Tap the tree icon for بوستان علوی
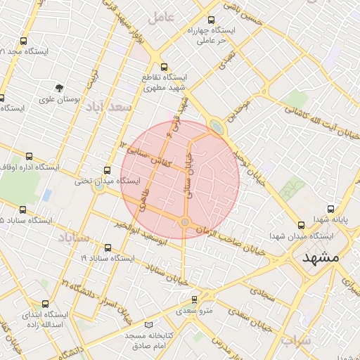coord(60,89)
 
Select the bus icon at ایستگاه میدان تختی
coord(107,170)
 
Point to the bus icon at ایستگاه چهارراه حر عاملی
coord(212,21)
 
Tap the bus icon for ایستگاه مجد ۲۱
coord(24,41)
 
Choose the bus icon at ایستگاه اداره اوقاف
coord(29,157)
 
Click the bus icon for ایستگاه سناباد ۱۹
coord(108,248)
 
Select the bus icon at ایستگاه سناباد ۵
coord(23,210)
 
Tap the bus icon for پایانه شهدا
coord(332,209)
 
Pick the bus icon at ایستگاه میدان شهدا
coord(301,225)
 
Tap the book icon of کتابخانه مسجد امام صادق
coord(148,325)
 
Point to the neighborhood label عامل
coord(161,17)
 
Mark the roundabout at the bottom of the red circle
coord(185,222)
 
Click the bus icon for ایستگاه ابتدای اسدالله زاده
coord(46,304)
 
